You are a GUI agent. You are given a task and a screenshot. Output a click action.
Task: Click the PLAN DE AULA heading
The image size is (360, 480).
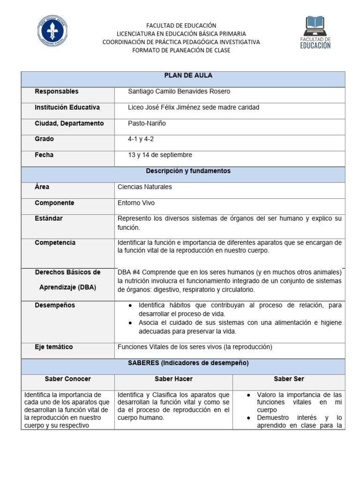click(x=183, y=76)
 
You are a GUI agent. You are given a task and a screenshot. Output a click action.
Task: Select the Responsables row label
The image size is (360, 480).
click(x=57, y=91)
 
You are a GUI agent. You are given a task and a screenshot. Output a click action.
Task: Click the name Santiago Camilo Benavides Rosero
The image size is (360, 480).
click(x=179, y=92)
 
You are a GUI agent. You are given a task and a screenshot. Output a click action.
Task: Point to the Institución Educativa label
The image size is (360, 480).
click(x=67, y=107)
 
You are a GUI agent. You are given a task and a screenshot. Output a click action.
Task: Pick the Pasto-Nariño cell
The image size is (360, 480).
click(x=147, y=123)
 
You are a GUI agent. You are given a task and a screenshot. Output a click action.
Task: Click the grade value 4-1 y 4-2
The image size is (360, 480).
click(x=141, y=139)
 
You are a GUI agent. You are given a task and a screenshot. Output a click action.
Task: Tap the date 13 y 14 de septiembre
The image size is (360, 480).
click(x=160, y=155)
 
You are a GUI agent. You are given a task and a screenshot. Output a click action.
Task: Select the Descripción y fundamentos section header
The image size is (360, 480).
click(x=183, y=172)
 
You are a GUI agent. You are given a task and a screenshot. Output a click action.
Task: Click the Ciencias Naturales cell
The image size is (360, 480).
click(x=144, y=187)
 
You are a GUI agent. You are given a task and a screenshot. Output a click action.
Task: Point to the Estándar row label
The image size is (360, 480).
click(x=48, y=218)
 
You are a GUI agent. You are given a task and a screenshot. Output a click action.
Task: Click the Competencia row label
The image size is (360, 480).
click(x=55, y=243)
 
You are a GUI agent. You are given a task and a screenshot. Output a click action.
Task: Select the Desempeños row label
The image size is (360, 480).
click(x=55, y=306)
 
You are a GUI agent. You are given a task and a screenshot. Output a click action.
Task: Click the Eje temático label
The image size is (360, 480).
click(x=53, y=347)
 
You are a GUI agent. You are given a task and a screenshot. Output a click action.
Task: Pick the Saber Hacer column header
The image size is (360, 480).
click(x=173, y=379)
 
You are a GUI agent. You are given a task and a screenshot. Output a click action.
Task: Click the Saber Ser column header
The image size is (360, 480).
click(x=289, y=379)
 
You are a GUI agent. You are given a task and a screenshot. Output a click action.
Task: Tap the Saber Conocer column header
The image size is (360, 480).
click(x=68, y=379)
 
